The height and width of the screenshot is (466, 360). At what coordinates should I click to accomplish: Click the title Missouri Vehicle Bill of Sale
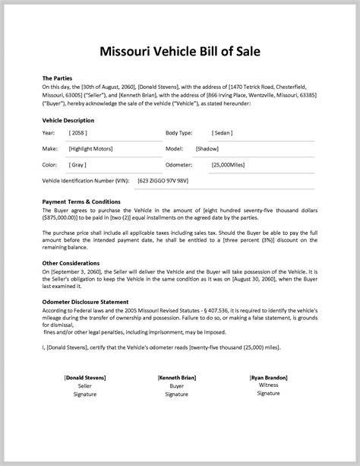(180, 52)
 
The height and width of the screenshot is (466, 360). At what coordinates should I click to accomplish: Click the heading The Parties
(58, 78)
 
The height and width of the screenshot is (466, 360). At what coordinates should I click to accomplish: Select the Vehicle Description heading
(68, 120)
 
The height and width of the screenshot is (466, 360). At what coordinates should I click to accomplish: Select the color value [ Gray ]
(78, 164)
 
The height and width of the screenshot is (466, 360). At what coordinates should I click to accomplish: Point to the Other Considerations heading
(71, 262)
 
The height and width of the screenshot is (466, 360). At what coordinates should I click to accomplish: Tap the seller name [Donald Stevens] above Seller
(85, 398)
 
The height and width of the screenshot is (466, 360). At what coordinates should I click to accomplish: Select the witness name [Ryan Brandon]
(269, 398)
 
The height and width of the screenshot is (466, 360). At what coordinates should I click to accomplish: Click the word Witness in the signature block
(269, 406)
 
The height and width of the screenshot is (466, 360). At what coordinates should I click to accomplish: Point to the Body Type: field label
(179, 132)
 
